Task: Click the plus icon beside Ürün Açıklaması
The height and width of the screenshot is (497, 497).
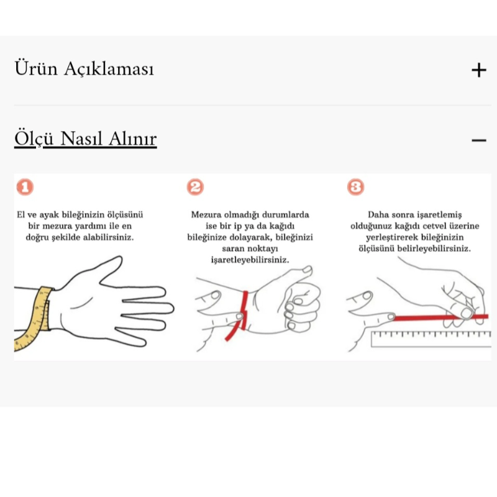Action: point(478,70)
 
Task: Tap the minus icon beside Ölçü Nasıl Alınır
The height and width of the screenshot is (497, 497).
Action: point(478,140)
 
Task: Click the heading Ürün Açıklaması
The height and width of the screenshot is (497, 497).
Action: point(84,69)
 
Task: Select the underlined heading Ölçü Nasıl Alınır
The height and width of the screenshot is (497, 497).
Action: point(85,139)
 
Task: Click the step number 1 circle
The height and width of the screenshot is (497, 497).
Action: point(25,187)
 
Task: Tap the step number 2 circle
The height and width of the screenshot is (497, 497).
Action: point(195,187)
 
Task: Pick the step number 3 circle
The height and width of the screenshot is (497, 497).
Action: point(355,187)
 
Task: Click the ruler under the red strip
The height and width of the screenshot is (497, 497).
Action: point(429,339)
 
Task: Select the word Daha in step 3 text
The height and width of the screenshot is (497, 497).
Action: point(378,215)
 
